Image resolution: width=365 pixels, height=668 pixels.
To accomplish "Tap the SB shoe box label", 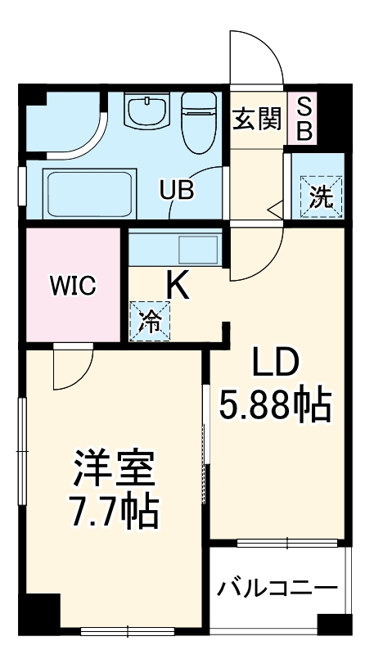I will (303, 120).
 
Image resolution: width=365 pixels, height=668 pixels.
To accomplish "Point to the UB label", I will (176, 191).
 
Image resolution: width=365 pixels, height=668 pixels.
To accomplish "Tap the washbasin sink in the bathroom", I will (147, 111).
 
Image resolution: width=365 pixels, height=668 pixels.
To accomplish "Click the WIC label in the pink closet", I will (73, 286).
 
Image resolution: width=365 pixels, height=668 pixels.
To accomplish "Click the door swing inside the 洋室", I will (70, 368).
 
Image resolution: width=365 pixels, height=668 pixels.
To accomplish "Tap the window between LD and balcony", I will (286, 542).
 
